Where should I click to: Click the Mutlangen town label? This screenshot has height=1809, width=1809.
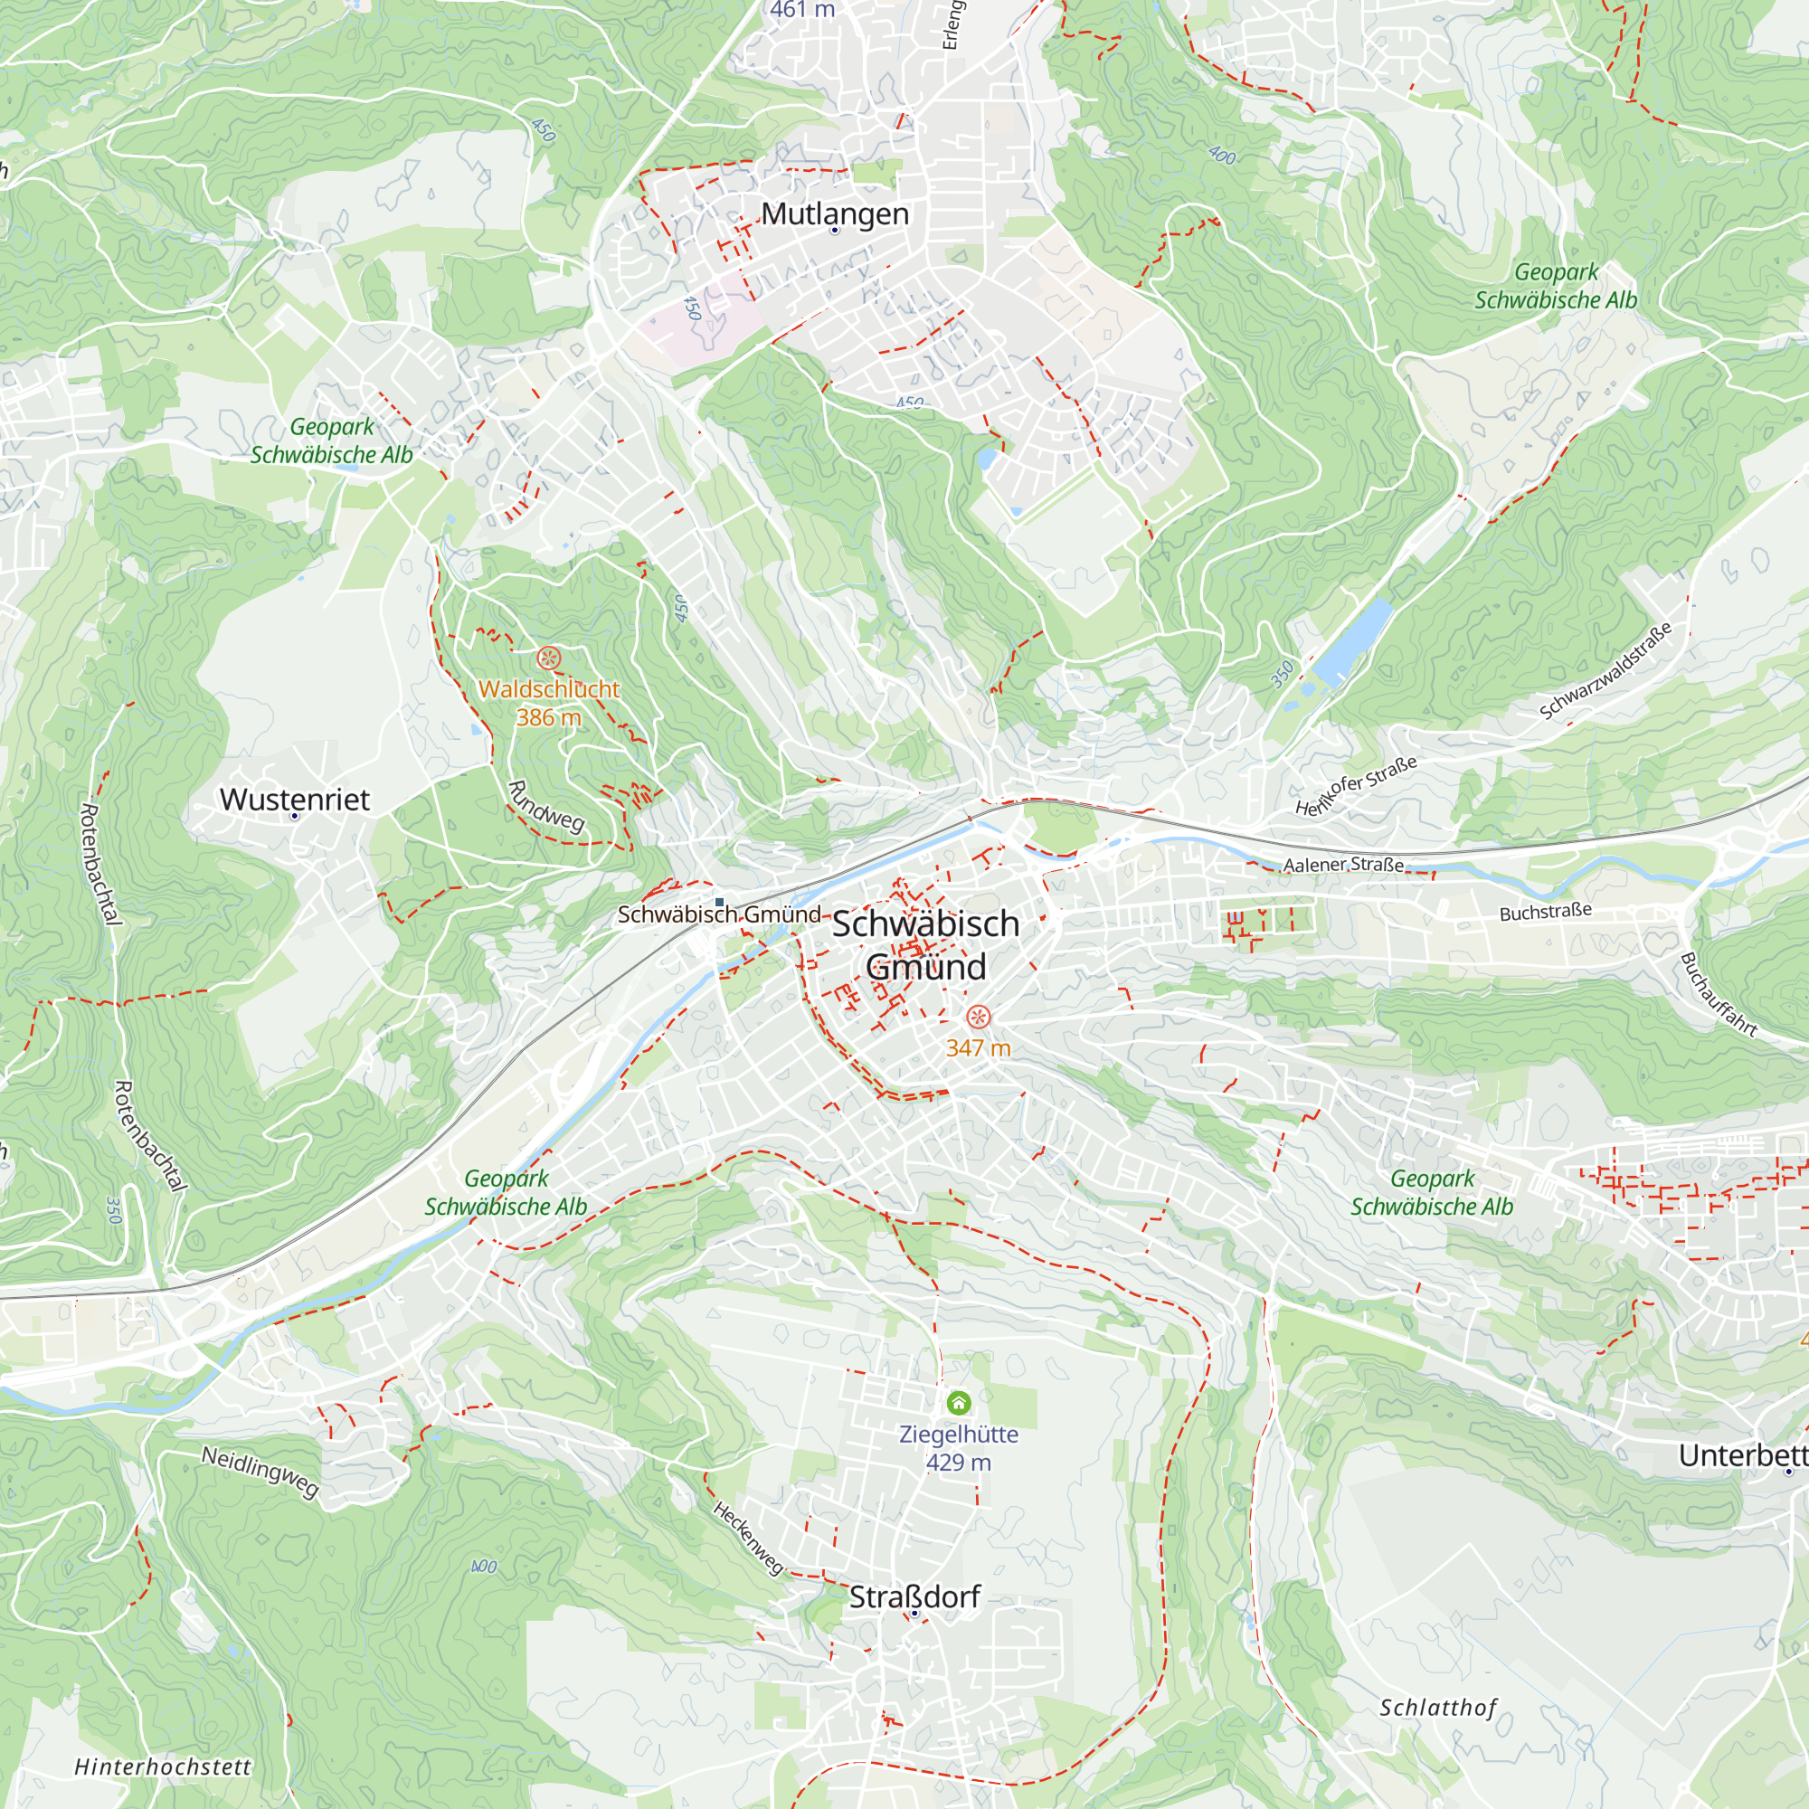[x=834, y=213]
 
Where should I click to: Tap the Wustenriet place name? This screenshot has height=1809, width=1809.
[x=294, y=799]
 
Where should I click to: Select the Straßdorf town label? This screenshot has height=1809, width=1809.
[x=914, y=1596]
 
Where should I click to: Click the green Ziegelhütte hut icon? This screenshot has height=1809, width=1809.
[x=958, y=1403]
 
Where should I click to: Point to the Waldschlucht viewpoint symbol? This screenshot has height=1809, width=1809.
[x=549, y=658]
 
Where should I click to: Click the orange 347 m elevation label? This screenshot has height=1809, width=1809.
[x=978, y=1047]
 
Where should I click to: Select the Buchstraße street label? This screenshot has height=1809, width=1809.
[x=1545, y=911]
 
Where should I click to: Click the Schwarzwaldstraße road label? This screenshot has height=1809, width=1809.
[x=1605, y=671]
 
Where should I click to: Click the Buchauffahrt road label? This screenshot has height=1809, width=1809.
[x=1718, y=994]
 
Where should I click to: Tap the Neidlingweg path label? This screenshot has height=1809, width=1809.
[x=260, y=1471]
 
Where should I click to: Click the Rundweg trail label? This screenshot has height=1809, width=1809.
[x=546, y=806]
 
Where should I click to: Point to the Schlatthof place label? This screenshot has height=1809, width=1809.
[x=1438, y=1708]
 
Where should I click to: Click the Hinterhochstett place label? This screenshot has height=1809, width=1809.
[x=163, y=1766]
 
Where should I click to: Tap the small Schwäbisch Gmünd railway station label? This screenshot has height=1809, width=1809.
[x=719, y=914]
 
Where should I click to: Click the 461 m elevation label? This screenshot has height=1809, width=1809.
[x=801, y=9]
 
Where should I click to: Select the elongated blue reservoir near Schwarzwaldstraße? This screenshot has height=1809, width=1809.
[x=1353, y=641]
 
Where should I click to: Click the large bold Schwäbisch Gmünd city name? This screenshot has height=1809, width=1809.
[x=925, y=945]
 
